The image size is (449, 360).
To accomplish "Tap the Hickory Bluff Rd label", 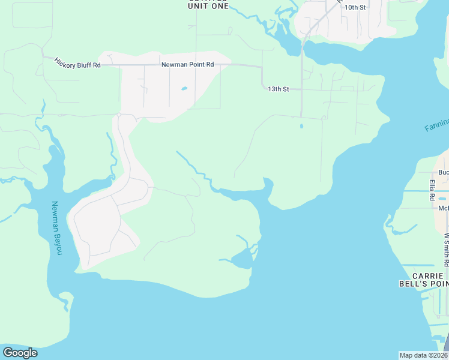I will (x=77, y=62).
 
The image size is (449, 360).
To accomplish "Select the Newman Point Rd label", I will (x=187, y=64).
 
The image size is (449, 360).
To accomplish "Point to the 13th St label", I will (x=278, y=89).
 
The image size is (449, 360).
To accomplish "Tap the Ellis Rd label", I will (x=432, y=189).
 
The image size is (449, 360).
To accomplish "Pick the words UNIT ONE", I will (x=208, y=6).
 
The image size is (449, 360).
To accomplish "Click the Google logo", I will (x=20, y=353).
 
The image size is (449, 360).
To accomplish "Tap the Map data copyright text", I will (x=423, y=355).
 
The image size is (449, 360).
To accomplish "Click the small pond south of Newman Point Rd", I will (x=184, y=89).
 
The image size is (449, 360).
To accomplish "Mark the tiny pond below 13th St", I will (x=301, y=126).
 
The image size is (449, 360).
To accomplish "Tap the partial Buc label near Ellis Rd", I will (x=443, y=172).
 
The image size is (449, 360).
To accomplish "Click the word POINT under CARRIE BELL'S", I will (x=438, y=283).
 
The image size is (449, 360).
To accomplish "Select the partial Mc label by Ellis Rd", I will (x=443, y=208).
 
